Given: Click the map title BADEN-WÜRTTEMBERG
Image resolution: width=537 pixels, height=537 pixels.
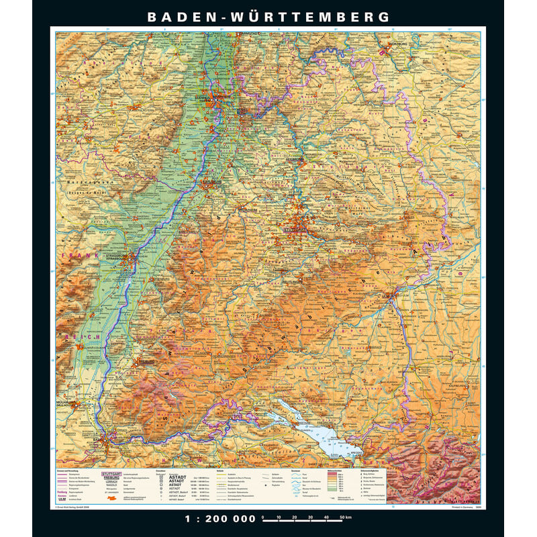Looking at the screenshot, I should point(268,17).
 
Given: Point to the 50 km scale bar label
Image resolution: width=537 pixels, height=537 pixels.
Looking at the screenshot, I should point(344,518).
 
